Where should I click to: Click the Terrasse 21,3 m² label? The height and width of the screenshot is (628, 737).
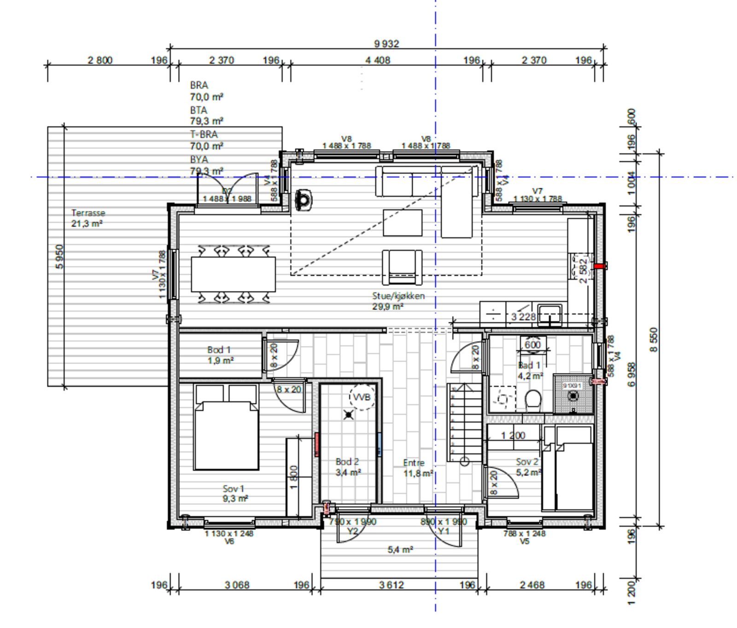point(88,218)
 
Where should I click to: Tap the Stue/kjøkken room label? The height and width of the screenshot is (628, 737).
point(398,301)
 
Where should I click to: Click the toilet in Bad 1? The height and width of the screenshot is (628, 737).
point(533,401)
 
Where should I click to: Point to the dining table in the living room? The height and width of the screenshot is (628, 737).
point(233,274)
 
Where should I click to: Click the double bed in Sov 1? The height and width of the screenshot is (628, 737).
point(226,435)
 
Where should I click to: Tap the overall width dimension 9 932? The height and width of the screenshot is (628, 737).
point(386,44)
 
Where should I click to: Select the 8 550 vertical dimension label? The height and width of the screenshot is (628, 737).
point(654,340)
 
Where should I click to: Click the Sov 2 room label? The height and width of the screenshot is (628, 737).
point(528,466)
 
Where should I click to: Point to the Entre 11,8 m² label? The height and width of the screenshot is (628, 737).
point(417,468)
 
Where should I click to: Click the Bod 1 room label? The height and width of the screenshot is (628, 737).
point(219,355)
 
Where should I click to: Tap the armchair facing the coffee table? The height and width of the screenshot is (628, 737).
point(402,267)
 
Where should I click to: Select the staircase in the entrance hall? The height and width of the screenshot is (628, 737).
point(464,423)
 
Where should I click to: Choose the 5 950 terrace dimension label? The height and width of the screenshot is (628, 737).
point(59,257)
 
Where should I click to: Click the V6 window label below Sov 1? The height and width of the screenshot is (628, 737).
point(229,541)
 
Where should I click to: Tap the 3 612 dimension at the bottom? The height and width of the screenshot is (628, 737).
point(391,585)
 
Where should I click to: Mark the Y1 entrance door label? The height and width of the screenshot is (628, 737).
point(443,531)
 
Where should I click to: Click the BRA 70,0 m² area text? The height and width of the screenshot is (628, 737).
point(206,91)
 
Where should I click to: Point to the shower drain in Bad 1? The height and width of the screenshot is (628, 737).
point(573,395)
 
